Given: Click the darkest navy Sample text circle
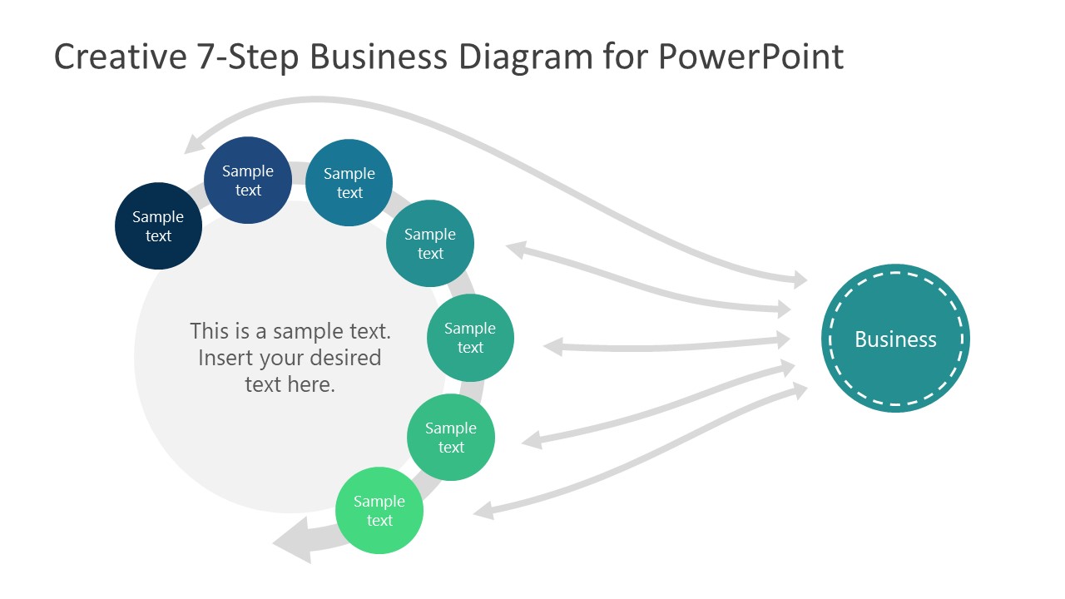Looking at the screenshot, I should (x=158, y=226).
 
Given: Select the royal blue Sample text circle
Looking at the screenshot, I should (x=248, y=181).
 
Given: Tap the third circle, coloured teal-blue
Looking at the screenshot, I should (x=349, y=183).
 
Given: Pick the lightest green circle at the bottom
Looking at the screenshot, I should (x=379, y=511).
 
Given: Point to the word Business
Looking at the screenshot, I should (x=895, y=339).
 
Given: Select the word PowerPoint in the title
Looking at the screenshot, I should (x=750, y=57).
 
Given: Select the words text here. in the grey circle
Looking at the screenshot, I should (x=290, y=384).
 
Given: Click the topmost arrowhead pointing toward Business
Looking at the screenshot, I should (x=799, y=280).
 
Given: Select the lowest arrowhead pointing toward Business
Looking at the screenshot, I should (x=799, y=390).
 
